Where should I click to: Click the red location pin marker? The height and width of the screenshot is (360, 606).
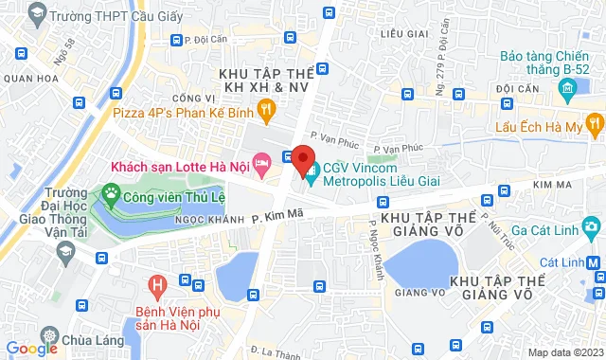pos(303,156)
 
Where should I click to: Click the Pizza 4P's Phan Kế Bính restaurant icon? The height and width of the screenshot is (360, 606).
pos(268,111)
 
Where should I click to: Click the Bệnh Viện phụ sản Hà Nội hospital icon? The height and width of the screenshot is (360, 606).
pos(157,283)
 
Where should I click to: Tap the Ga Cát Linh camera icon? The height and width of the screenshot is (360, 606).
pos(592,226)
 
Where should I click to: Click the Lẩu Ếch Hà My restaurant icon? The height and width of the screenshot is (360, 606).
pos(593,123)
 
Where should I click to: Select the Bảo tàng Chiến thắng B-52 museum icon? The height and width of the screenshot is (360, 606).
pos(567,92)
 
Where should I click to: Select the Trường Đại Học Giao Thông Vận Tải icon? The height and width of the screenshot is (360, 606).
pos(65,250)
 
